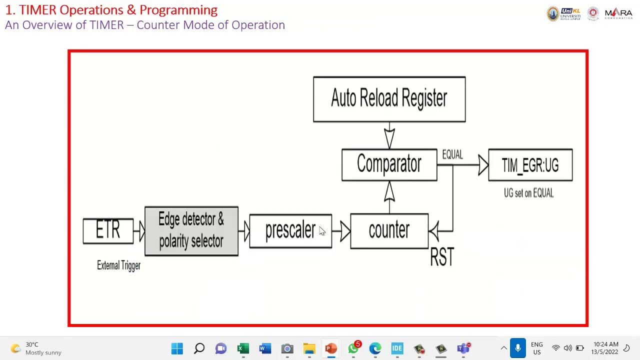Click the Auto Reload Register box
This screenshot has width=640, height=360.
click(x=389, y=99)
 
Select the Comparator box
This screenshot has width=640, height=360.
click(x=389, y=164)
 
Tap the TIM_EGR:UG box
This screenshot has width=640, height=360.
click(x=530, y=165)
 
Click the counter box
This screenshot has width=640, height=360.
click(x=389, y=231)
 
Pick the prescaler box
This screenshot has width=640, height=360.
click(x=290, y=231)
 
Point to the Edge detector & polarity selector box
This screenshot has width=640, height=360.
click(x=191, y=231)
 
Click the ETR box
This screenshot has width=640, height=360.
click(x=108, y=231)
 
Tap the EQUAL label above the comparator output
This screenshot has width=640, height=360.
click(x=452, y=154)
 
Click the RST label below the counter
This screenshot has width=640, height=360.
click(x=442, y=256)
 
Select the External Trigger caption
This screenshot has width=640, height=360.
click(x=118, y=265)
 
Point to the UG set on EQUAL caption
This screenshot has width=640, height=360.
click(x=528, y=193)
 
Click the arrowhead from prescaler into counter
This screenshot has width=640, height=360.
click(x=345, y=231)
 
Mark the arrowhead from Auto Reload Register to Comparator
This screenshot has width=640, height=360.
click(x=389, y=138)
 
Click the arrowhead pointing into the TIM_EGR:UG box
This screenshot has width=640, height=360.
click(x=483, y=165)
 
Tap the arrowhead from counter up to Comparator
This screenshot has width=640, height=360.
click(x=389, y=191)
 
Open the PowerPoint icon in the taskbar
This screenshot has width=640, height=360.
click(x=331, y=348)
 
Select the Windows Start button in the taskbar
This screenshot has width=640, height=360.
click(x=177, y=348)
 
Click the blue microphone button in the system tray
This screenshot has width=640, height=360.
click(x=517, y=348)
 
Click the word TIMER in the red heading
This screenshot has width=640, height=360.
click(x=37, y=10)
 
